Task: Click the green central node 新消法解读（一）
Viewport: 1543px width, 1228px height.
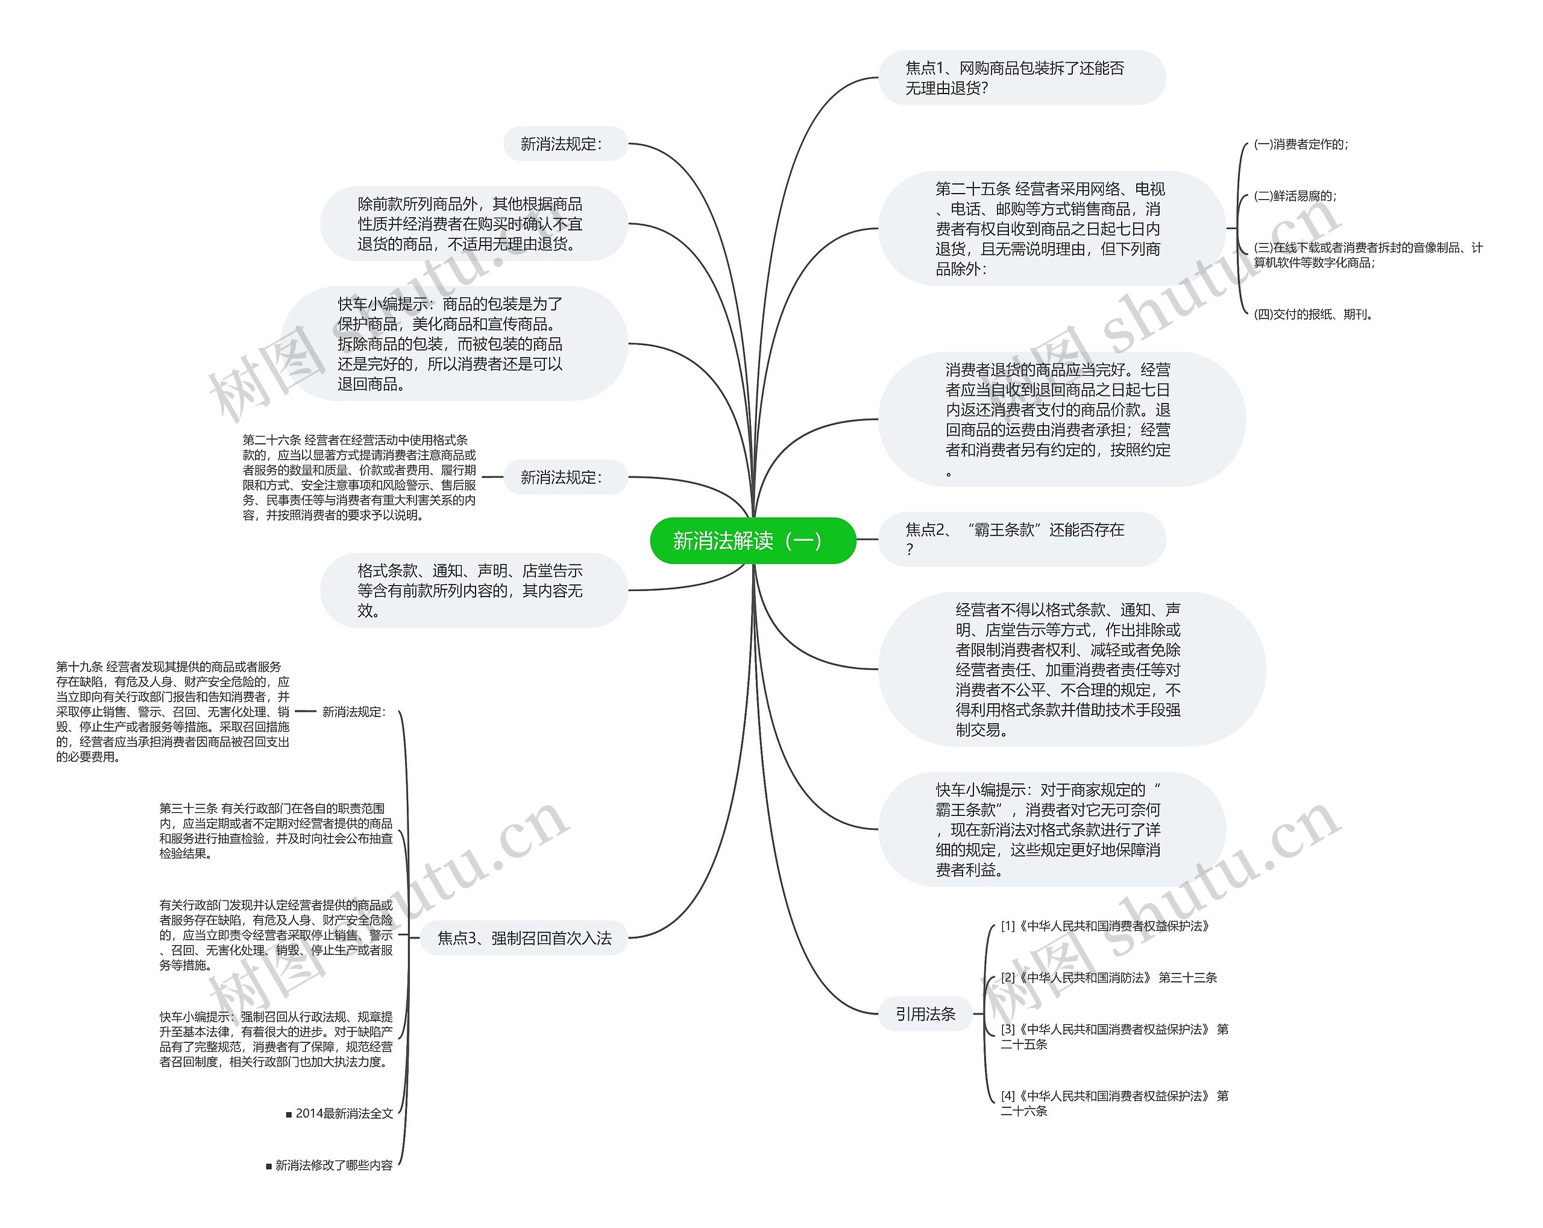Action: point(752,540)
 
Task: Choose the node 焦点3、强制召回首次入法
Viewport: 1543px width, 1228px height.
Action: point(524,938)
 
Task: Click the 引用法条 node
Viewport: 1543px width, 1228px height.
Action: point(925,1014)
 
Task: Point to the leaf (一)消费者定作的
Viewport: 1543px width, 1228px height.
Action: point(1300,144)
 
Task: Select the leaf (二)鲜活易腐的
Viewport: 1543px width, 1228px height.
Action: point(1295,195)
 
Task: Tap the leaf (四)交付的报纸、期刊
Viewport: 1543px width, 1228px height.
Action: point(1313,314)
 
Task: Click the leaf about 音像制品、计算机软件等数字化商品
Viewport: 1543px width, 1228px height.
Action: point(1368,255)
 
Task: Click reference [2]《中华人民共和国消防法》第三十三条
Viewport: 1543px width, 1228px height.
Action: point(1108,977)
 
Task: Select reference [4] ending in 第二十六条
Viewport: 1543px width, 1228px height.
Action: point(1114,1103)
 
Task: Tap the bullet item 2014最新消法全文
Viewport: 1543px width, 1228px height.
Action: point(340,1113)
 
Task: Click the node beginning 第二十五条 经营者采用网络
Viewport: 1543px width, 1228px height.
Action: point(1051,229)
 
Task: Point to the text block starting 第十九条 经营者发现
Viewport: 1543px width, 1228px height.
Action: point(172,712)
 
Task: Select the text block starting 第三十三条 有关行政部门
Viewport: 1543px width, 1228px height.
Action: point(275,831)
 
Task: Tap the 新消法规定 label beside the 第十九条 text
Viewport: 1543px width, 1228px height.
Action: point(354,712)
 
